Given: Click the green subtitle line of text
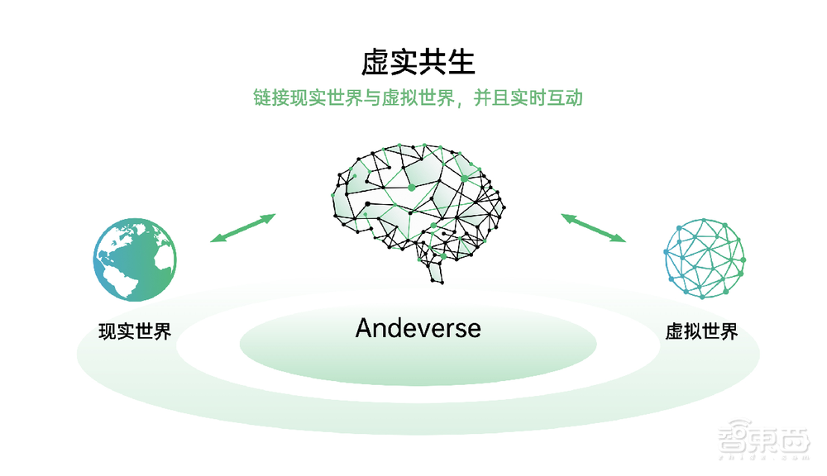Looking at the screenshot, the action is click(418, 98).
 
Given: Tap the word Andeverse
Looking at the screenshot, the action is click(418, 328).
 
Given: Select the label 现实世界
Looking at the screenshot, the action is click(135, 332).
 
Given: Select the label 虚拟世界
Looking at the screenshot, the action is click(701, 332).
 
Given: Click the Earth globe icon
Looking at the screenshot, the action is click(135, 259).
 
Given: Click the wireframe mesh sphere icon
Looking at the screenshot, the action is click(705, 258).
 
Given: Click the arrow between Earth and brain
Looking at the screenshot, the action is click(241, 228).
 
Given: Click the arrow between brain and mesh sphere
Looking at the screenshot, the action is click(593, 228).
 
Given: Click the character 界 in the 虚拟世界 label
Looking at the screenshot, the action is click(728, 332).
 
